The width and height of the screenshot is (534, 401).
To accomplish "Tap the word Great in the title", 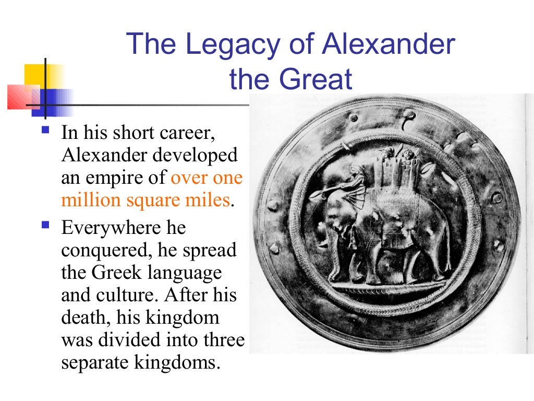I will pyautogui.click(x=315, y=79).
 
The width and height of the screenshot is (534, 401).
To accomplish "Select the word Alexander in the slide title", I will pyautogui.click(x=389, y=44).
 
